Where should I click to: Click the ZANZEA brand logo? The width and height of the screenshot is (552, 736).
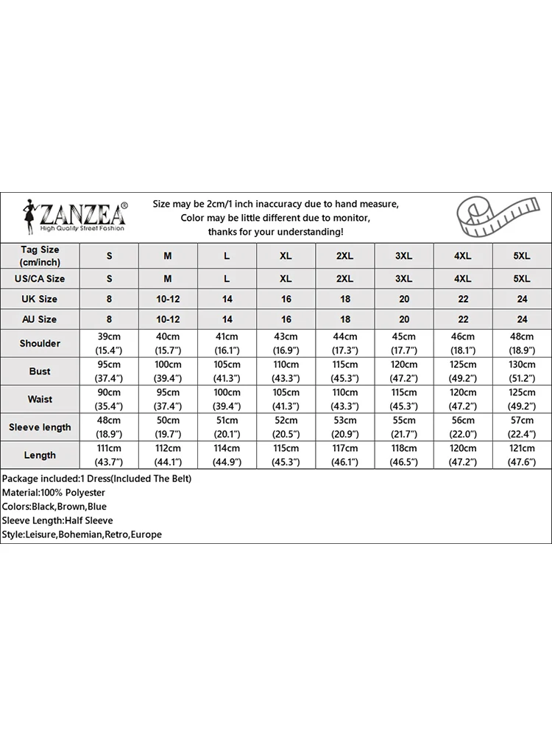pos(74,216)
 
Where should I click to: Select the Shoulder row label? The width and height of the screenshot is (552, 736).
pos(40,343)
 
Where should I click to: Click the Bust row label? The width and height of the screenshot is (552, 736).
pos(40,371)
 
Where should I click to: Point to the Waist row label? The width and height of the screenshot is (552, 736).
pos(40,399)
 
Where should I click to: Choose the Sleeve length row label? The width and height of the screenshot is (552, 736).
pos(40,427)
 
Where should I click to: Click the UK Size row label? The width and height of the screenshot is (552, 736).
pos(40,299)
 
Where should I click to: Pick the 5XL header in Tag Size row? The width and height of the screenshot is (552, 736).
pos(521,255)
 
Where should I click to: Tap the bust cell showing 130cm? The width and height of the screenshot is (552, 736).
pos(521,371)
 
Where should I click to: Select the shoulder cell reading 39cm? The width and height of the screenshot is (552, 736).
pos(110,343)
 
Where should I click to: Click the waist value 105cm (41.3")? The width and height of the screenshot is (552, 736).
pos(286,399)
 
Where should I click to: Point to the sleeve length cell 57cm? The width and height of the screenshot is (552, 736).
pos(521,427)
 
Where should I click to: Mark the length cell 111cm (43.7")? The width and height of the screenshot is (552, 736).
pos(110,455)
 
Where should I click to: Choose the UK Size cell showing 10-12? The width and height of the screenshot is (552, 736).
pos(168,299)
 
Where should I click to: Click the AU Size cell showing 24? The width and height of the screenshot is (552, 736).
pos(521,319)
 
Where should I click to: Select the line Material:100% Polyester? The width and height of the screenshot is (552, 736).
pos(54,492)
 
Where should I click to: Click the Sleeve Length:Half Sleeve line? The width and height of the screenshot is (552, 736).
pos(57,520)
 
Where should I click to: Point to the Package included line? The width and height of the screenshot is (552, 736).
pos(96,478)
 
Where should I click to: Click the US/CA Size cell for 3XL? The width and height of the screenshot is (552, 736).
pos(403,279)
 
